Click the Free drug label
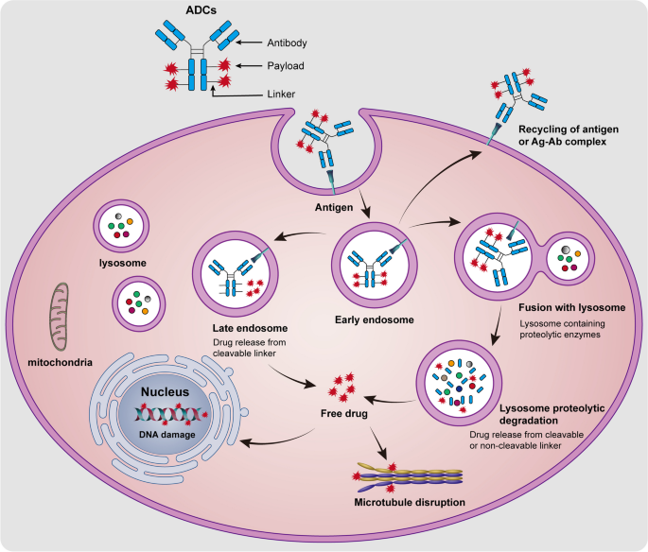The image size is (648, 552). pyautogui.click(x=341, y=413)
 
